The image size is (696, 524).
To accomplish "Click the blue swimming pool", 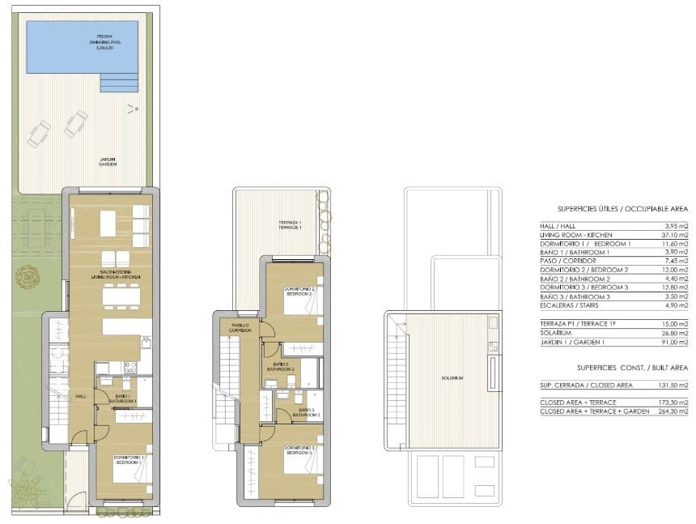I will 81,47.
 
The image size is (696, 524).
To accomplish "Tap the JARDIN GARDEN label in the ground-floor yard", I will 108,161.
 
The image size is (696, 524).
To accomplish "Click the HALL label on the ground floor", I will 81,396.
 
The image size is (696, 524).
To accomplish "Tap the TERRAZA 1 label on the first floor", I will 290,225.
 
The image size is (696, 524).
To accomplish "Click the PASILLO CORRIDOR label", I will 240,329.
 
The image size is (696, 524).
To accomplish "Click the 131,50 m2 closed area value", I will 673,386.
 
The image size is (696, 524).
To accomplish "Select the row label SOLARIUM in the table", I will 557,340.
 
